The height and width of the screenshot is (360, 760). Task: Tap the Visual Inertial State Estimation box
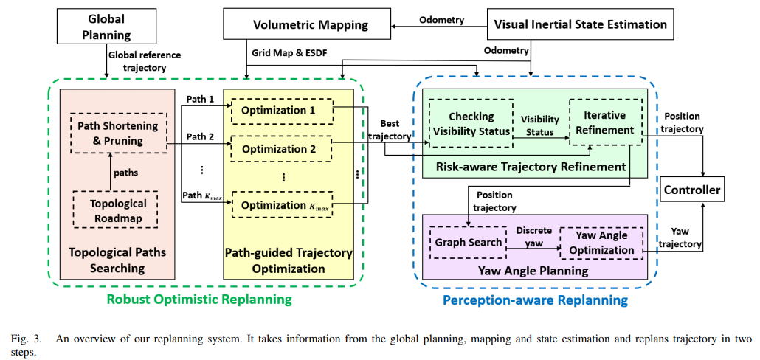580,25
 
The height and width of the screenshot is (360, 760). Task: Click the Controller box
691,190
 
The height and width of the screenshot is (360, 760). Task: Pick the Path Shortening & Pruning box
111,133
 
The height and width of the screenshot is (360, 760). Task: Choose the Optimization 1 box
283,111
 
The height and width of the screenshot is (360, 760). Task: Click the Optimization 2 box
283,149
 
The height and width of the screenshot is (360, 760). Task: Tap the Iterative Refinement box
604,122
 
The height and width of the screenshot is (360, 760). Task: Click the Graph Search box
468,242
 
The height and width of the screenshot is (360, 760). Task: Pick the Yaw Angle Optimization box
601,243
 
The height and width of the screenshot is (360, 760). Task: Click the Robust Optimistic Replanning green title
199,300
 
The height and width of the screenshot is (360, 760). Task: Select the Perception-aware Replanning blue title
535,300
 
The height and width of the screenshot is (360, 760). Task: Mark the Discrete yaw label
533,237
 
